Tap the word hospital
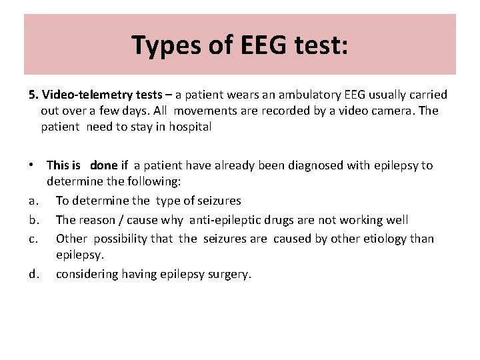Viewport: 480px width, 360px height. [190, 127]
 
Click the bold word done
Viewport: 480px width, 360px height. [103, 165]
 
